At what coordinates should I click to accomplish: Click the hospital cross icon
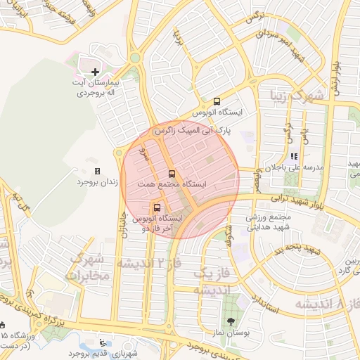96,72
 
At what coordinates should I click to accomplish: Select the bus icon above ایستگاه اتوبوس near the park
217,101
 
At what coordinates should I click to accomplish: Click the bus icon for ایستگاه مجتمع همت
172,174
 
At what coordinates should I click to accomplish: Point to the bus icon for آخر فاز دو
156,207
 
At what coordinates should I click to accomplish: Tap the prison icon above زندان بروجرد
97,171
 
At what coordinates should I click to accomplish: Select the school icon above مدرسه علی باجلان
293,157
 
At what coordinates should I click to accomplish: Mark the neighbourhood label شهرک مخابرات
87,266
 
